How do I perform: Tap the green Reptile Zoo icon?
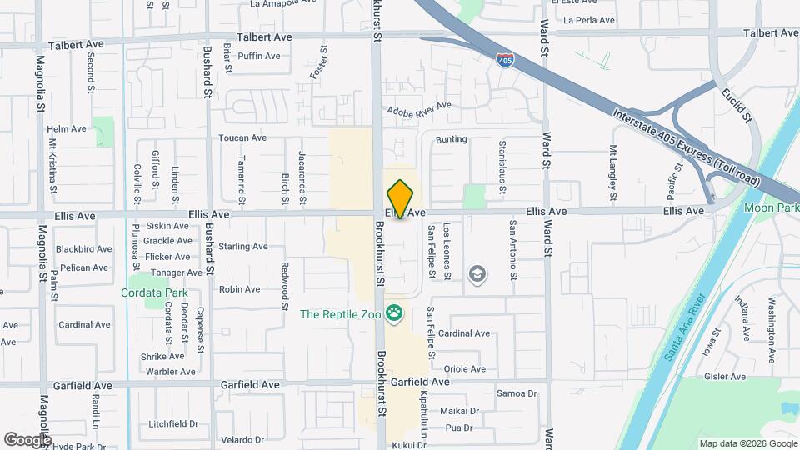pos(394,314)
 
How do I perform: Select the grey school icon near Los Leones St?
pos(477,274)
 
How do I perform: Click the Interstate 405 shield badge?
pos(504,59)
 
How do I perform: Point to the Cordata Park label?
pos(154,292)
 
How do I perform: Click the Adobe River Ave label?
pos(417,107)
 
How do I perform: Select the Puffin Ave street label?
pos(259,56)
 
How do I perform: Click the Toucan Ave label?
pos(242,137)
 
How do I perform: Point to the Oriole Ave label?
pos(465,368)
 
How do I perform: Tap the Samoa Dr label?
pos(517,393)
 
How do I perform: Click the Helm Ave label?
pos(67,129)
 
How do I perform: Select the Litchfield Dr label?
pos(173,423)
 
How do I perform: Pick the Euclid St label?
pos(737,106)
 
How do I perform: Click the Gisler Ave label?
pos(746,377)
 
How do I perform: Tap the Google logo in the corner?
pos(27,439)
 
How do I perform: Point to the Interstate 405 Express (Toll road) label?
pos(685,143)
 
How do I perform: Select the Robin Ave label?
pos(239,289)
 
